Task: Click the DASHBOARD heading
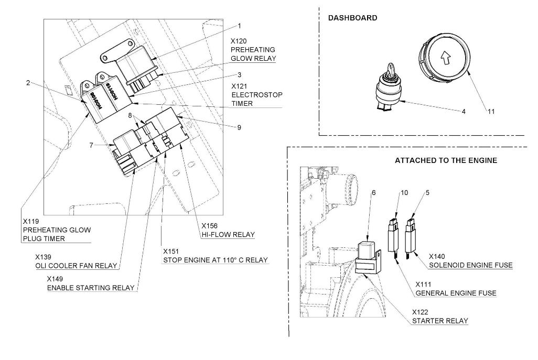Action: pyautogui.click(x=353, y=18)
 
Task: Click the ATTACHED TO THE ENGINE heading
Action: pyautogui.click(x=446, y=160)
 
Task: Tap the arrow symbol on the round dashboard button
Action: pyautogui.click(x=445, y=58)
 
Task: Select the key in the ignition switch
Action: pyautogui.click(x=391, y=70)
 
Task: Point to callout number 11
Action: pyautogui.click(x=491, y=112)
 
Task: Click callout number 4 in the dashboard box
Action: pyautogui.click(x=464, y=112)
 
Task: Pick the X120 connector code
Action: pyautogui.click(x=239, y=41)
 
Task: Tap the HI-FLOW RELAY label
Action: pyautogui.click(x=228, y=235)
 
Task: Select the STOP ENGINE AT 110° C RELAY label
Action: pyautogui.click(x=215, y=260)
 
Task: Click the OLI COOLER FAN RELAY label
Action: pyautogui.click(x=76, y=265)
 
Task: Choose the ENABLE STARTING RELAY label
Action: pyautogui.click(x=91, y=288)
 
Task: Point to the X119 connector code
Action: pyautogui.click(x=31, y=221)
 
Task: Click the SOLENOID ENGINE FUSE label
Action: pyautogui.click(x=471, y=265)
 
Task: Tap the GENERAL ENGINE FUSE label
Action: pyautogui.click(x=456, y=293)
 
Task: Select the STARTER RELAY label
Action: pyautogui.click(x=440, y=321)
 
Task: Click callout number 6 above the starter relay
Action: pyautogui.click(x=374, y=193)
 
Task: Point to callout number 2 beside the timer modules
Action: pyautogui.click(x=28, y=83)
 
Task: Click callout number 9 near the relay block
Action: pyautogui.click(x=239, y=127)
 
